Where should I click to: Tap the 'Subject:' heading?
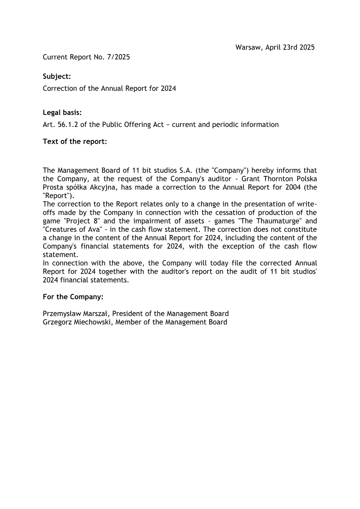coord(57,77)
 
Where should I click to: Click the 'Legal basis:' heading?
coord(62,113)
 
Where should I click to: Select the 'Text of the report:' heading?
coord(75,142)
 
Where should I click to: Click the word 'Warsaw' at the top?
coord(248,47)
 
